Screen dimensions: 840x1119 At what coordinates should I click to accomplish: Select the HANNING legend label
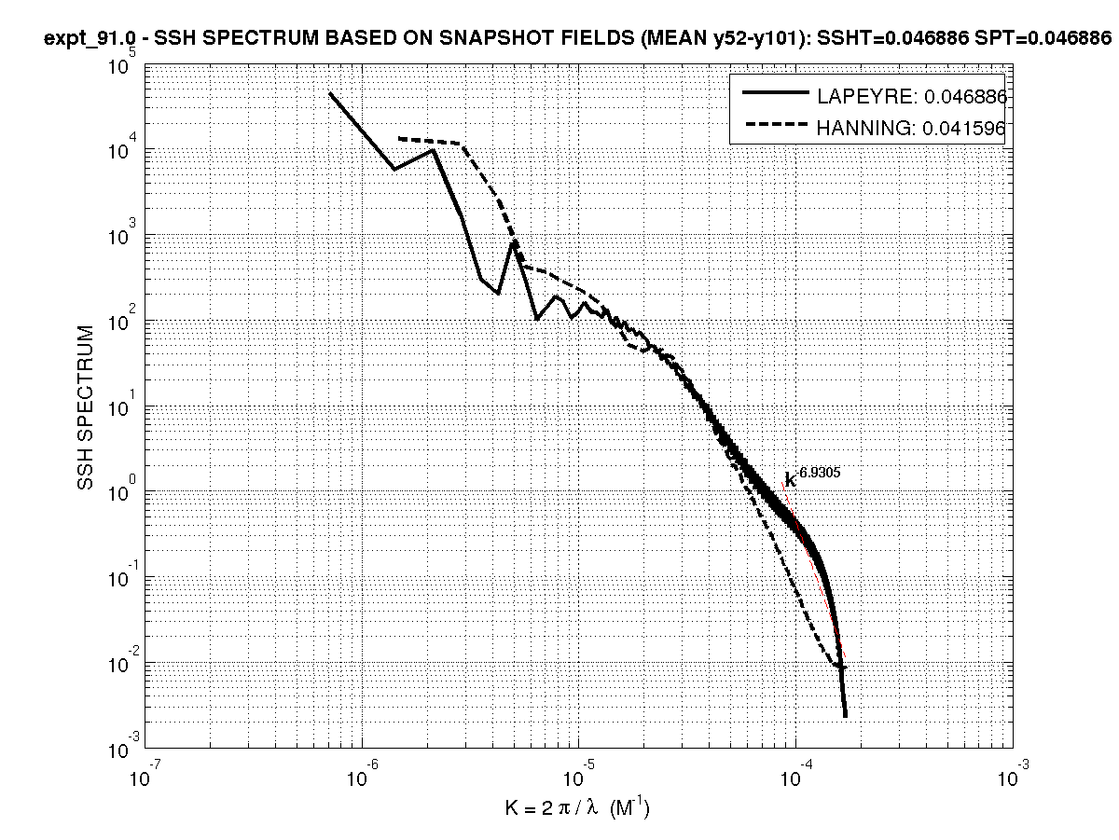pos(911,130)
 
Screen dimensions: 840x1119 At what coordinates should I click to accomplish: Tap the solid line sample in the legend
pos(773,94)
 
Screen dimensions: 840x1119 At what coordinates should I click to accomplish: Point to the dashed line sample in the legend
pos(773,129)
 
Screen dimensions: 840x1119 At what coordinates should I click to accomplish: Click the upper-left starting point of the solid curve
pos(330,93)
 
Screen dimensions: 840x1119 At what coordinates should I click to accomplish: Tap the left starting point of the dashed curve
pos(399,138)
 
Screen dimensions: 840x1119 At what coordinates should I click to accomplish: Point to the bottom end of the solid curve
pos(845,715)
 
